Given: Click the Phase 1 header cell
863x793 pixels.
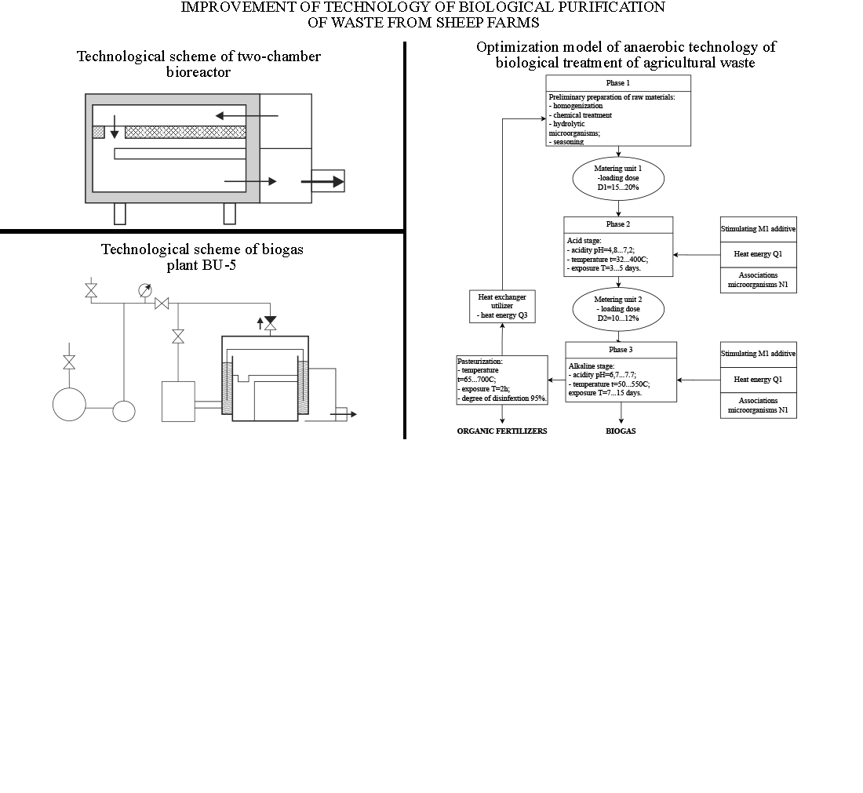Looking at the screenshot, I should coord(618,83).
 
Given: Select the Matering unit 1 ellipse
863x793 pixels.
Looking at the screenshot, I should coord(618,179).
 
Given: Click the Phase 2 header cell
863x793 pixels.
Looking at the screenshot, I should coord(618,224).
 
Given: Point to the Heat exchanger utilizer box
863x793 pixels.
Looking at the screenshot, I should coord(502,306).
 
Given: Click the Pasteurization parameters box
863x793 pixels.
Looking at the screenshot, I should coord(502,380).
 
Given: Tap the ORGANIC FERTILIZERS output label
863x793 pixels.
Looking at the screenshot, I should coord(502,431).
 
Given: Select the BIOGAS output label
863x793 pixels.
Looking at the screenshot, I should coord(621,431).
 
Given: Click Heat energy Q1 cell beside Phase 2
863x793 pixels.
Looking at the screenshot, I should coord(758,254).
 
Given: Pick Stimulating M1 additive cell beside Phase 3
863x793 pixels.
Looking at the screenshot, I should coord(758,354).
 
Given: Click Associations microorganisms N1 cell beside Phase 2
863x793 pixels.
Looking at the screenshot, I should coord(758,280).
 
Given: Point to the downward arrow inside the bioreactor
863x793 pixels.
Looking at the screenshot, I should coord(115,129).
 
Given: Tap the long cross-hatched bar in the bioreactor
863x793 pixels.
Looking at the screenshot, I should coord(185,132).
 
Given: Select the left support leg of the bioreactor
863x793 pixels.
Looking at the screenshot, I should coord(120,213).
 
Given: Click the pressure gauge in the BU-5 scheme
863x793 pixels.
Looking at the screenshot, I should coord(144,290).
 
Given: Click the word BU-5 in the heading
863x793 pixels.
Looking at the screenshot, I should coord(219,265).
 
